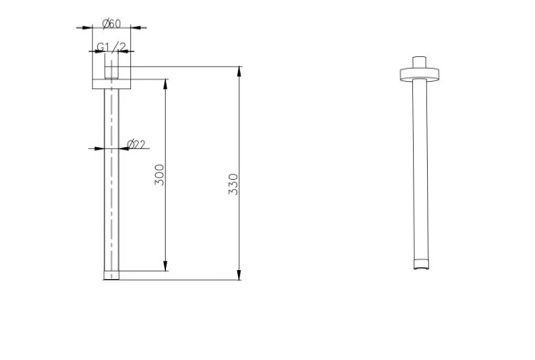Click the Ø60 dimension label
pos(111,24)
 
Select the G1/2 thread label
pos(111,46)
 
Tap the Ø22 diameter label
pos(136,144)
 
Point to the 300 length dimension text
pos(160,175)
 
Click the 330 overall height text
pos(234,184)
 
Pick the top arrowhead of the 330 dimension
pos(239,71)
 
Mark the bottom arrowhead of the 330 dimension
pos(239,274)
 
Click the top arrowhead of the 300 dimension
pos(166,84)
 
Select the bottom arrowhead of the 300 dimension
pos(166,266)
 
